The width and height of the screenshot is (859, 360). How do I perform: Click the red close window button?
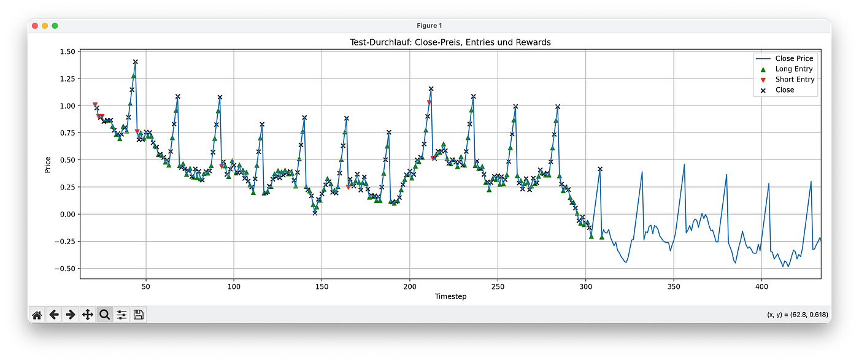[35, 25]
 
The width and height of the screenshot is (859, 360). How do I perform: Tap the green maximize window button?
[55, 25]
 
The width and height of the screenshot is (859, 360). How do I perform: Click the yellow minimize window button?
[45, 25]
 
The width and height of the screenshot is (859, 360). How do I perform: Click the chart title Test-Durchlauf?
[449, 42]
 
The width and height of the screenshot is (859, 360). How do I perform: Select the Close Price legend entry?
[794, 59]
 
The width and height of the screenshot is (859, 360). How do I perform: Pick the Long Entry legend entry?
[794, 69]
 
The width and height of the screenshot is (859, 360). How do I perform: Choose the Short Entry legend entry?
[795, 80]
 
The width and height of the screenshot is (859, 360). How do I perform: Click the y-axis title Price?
[48, 164]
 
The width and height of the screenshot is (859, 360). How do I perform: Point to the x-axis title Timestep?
[450, 296]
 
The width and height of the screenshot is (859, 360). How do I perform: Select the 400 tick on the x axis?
[761, 286]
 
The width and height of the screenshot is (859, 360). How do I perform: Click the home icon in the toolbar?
[37, 315]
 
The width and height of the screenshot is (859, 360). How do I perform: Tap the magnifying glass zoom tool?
[104, 315]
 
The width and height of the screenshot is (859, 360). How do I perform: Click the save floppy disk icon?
[139, 315]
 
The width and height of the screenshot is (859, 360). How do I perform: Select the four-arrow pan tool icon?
[88, 315]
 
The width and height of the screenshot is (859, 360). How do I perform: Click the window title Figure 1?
[429, 25]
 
